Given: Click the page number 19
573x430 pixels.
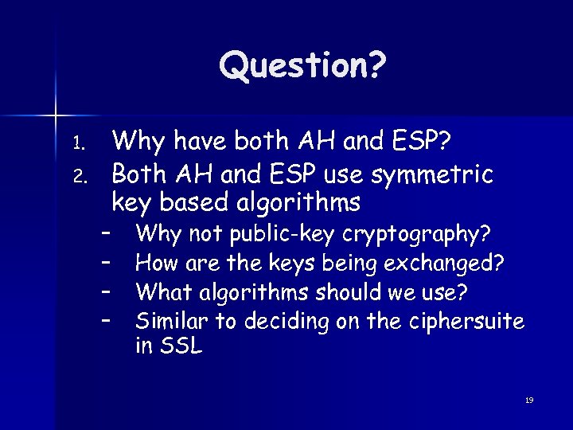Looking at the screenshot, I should pos(529,400).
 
